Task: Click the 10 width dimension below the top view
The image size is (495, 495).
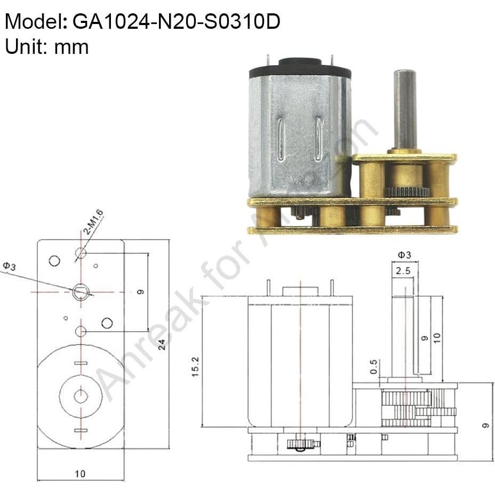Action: coord(79,473)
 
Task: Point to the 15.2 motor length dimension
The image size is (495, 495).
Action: coord(196,367)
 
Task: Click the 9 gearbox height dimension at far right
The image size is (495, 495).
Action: coord(484,425)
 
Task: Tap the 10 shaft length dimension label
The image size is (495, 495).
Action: coord(437,338)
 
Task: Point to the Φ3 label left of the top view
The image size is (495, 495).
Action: coord(9,266)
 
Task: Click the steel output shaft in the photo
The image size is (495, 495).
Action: coord(404,109)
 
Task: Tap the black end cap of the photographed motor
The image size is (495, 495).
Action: coord(300,69)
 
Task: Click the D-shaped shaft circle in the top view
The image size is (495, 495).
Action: coord(81,292)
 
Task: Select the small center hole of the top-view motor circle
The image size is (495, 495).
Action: coord(81,396)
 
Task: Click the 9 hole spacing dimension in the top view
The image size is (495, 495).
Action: coord(140,292)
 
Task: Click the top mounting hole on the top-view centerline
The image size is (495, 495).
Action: coord(81,252)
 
